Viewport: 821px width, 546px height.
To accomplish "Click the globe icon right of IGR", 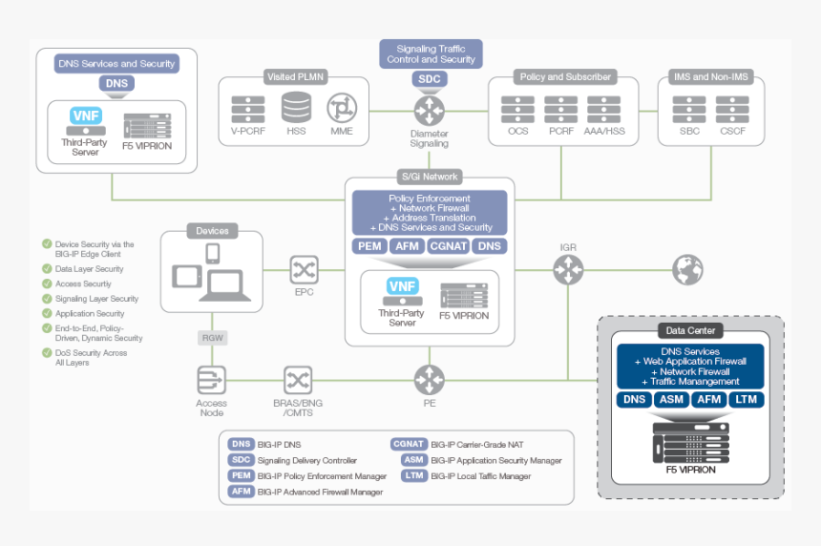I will tap(686, 270).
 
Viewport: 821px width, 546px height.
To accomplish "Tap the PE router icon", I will tap(429, 380).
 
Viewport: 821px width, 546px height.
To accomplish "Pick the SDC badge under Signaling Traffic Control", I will tap(429, 78).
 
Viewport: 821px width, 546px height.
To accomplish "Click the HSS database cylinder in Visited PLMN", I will tap(296, 109).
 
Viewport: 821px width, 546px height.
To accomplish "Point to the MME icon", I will tap(341, 109).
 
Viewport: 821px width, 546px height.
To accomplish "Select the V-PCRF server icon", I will tap(247, 109).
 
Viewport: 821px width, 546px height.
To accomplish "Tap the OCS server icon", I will tap(517, 109).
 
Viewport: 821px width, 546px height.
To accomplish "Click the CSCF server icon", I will tap(733, 109).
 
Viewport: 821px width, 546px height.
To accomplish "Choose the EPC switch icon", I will tap(304, 270).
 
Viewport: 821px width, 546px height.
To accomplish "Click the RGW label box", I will tap(212, 338).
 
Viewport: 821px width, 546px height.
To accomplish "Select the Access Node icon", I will tap(211, 380).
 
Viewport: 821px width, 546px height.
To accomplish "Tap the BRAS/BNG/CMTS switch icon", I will tap(298, 380).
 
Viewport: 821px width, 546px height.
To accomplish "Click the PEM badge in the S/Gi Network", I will tap(369, 246).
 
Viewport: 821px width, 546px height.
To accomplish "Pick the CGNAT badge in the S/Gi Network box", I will tap(447, 246).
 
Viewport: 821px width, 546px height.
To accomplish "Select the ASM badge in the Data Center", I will tap(670, 399).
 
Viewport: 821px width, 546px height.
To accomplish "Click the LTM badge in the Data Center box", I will tap(746, 399).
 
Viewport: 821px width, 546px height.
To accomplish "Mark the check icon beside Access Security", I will tap(47, 283).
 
